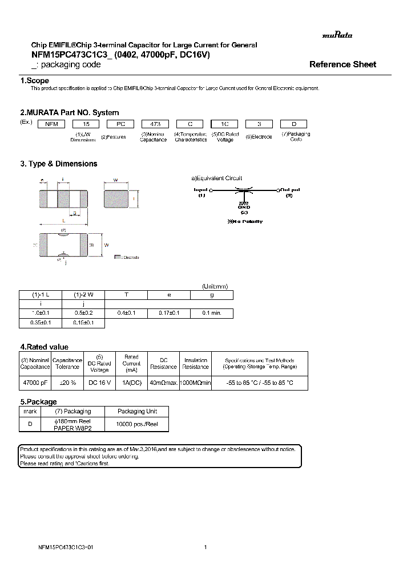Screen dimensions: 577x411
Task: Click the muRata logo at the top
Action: coord(337,35)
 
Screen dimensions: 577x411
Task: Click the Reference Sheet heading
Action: coord(342,64)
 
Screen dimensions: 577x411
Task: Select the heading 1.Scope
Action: coord(34,81)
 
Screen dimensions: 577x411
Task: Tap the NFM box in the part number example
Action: coord(52,123)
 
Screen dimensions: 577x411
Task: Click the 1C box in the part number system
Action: coord(225,123)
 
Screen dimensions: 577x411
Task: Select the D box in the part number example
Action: coord(293,123)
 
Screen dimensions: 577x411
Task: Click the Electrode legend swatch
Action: coord(118,257)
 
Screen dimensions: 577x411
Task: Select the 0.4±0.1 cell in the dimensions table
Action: coord(126,313)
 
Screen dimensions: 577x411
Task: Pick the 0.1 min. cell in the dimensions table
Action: coord(212,313)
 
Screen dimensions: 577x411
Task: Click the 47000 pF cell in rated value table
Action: coord(35,383)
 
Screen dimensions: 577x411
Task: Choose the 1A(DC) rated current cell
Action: coord(131,383)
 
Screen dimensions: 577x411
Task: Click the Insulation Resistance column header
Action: coord(196,364)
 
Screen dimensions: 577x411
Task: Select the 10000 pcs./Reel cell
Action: coord(137,424)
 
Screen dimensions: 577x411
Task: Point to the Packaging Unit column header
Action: coord(137,411)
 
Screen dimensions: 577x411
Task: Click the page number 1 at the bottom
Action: coord(205,547)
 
